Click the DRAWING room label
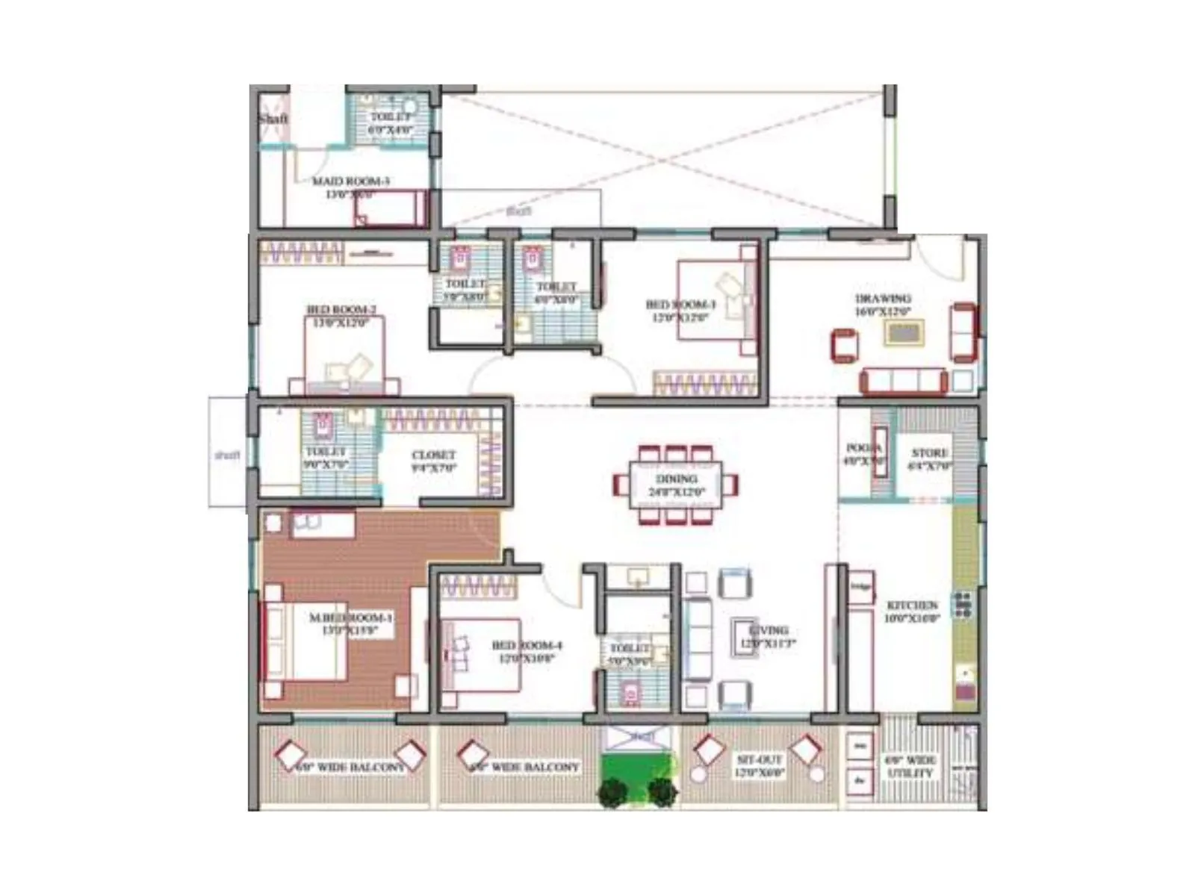[x=883, y=305]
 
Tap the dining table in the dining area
[x=676, y=485]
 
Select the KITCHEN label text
[x=911, y=611]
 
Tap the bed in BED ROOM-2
[x=344, y=355]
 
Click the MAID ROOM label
[x=350, y=187]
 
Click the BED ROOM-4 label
[x=527, y=651]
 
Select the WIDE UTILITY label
[x=910, y=767]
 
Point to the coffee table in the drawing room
[x=904, y=332]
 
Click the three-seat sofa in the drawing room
[x=903, y=381]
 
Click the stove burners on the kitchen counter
[x=962, y=604]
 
